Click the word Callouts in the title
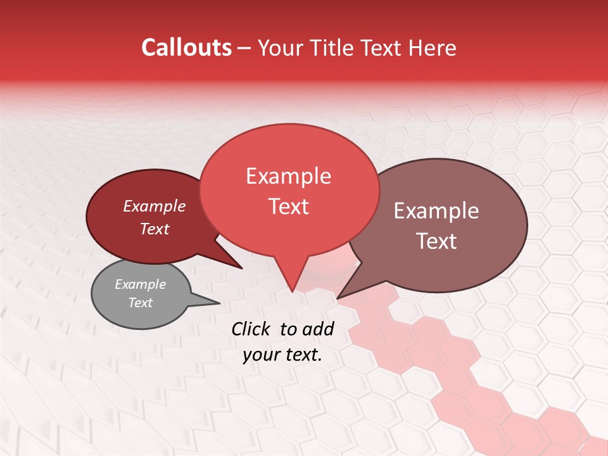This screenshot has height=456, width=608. (x=186, y=47)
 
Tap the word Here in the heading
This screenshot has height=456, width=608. (x=433, y=48)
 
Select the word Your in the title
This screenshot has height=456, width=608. (x=282, y=48)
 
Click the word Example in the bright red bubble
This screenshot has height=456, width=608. (x=288, y=176)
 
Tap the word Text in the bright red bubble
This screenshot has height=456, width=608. (x=289, y=206)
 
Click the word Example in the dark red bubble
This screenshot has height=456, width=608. (x=155, y=206)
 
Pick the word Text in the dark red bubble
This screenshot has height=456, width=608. (x=155, y=229)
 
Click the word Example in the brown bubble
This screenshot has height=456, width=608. (x=436, y=211)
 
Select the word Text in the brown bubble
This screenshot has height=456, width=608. (x=436, y=241)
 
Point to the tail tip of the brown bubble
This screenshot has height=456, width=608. (x=338, y=298)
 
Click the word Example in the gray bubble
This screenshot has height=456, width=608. (x=140, y=284)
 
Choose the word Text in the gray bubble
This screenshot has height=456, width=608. (x=141, y=303)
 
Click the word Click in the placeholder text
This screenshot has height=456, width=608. (x=251, y=329)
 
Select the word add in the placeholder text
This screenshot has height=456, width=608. (x=318, y=329)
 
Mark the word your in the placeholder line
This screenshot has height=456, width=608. (x=260, y=355)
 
